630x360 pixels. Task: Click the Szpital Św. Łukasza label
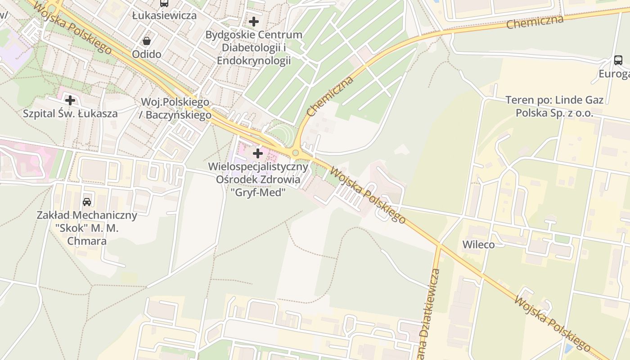point(70,113)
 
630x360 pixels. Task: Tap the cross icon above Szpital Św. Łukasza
point(70,100)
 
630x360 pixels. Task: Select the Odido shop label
point(146,54)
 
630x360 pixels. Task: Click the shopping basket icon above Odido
point(146,41)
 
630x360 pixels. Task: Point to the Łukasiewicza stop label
point(164,15)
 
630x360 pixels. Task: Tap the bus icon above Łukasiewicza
point(164,3)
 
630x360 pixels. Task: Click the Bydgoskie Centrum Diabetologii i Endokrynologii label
point(254,48)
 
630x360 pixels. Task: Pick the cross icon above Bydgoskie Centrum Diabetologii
point(254,21)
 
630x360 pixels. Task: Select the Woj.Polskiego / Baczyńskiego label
point(175,108)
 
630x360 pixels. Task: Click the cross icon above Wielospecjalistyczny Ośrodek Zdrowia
point(258,154)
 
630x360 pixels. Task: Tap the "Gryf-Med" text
point(258,193)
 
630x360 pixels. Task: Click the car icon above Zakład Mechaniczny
point(87,202)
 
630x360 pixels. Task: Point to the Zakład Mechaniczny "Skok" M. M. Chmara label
point(87,228)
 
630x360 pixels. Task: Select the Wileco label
point(478,245)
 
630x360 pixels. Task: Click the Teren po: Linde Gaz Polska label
point(554,106)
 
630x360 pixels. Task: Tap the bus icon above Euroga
point(618,60)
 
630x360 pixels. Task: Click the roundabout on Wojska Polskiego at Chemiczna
point(295,153)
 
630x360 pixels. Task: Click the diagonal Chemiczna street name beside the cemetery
point(330,96)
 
